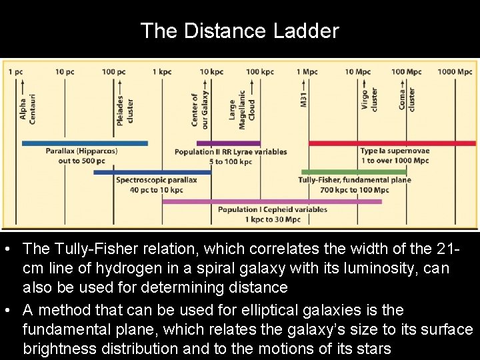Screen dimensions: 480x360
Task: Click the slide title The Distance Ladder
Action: pyautogui.click(x=239, y=31)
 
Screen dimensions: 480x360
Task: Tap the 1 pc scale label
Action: pyautogui.click(x=15, y=71)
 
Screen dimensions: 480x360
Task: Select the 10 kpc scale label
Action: pyautogui.click(x=211, y=71)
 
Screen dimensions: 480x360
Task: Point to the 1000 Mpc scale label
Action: pyautogui.click(x=455, y=71)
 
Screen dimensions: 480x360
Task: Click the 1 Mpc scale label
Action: pyautogui.click(x=307, y=71)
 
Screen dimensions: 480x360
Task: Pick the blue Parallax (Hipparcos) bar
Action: pyautogui.click(x=85, y=143)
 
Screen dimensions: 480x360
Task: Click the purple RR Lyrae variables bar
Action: pyautogui.click(x=228, y=143)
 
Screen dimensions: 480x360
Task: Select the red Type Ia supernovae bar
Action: pyautogui.click(x=392, y=143)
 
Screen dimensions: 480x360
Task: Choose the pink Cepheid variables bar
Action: pyautogui.click(x=272, y=201)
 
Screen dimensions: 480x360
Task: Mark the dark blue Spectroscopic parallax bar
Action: pyautogui.click(x=152, y=172)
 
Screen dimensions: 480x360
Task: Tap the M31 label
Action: pyautogui.click(x=304, y=100)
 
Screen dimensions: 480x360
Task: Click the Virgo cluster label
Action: pyautogui.click(x=369, y=100)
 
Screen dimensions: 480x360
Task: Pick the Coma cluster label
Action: pyautogui.click(x=407, y=100)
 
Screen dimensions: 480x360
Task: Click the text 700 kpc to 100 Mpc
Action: pyautogui.click(x=354, y=190)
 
